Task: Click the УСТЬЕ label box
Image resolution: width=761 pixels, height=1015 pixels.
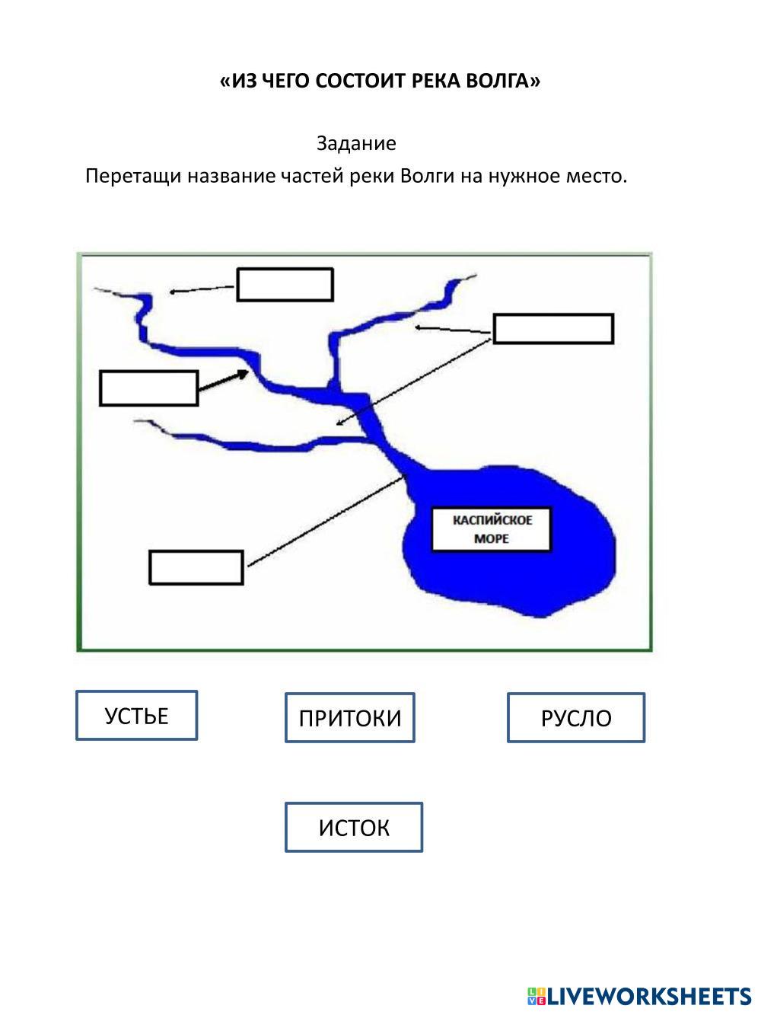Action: pyautogui.click(x=136, y=716)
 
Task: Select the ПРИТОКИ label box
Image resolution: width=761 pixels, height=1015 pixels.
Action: pyautogui.click(x=349, y=717)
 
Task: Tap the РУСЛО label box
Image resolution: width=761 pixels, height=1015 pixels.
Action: pyautogui.click(x=575, y=717)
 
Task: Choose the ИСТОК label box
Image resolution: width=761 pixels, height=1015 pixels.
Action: pyautogui.click(x=353, y=827)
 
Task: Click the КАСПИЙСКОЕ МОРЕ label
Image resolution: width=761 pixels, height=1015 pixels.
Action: pyautogui.click(x=492, y=529)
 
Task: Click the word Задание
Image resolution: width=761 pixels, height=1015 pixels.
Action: pyautogui.click(x=356, y=143)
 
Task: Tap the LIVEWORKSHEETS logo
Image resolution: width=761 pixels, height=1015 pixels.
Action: pyautogui.click(x=639, y=995)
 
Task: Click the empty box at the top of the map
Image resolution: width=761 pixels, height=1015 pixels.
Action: pyautogui.click(x=285, y=285)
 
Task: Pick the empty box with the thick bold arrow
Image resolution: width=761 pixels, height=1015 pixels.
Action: pyautogui.click(x=148, y=388)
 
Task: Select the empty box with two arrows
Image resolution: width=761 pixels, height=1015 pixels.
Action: pyautogui.click(x=553, y=329)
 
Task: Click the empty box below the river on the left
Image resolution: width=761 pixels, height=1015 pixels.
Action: pyautogui.click(x=196, y=567)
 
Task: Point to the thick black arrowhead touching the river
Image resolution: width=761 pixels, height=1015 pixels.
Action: pyautogui.click(x=243, y=373)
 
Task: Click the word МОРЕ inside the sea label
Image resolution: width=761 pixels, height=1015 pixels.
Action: pyautogui.click(x=492, y=538)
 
